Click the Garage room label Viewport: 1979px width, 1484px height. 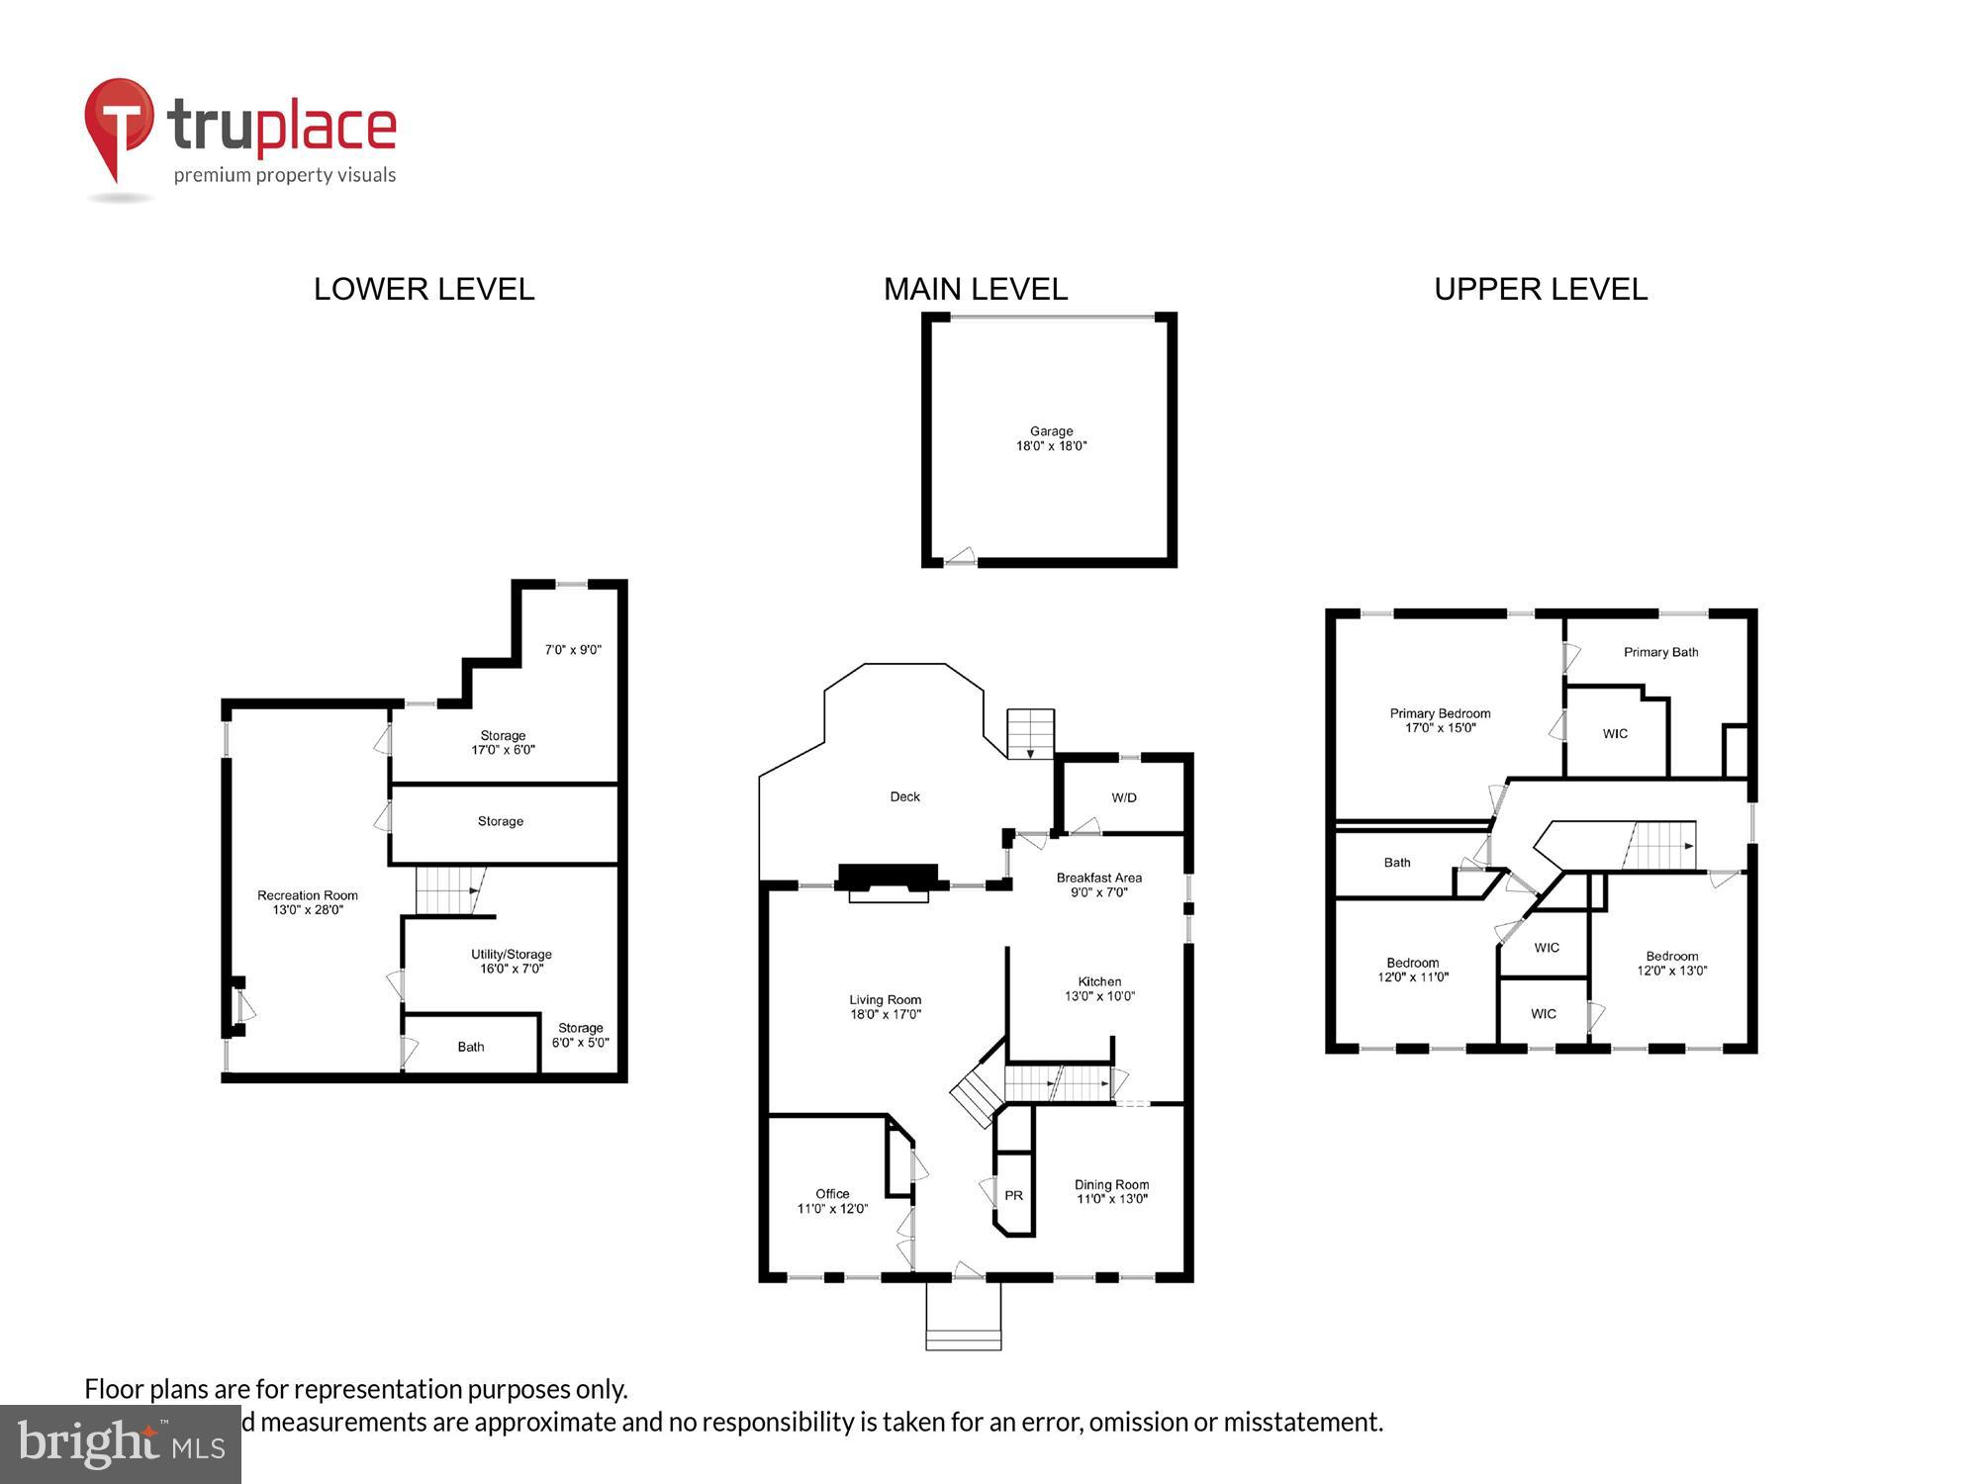click(x=1051, y=431)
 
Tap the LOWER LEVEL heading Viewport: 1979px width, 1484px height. click(x=424, y=289)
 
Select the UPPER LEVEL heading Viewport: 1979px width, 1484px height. click(x=1541, y=289)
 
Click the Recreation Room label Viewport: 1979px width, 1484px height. click(x=308, y=895)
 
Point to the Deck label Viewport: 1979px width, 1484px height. click(x=904, y=796)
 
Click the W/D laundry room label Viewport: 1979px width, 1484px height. click(x=1124, y=797)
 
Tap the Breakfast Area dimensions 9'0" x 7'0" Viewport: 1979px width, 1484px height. click(x=1098, y=892)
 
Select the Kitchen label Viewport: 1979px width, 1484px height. click(x=1099, y=981)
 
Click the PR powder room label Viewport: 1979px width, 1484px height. click(x=1013, y=1195)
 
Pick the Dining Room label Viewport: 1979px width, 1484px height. click(x=1111, y=1184)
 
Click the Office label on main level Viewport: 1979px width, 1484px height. click(x=832, y=1193)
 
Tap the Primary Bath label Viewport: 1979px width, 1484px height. click(x=1660, y=652)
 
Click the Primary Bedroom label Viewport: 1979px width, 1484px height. click(x=1440, y=713)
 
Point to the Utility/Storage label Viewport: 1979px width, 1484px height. click(x=512, y=954)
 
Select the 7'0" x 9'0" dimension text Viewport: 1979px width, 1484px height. click(x=573, y=650)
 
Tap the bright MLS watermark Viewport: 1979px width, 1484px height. click(x=121, y=1444)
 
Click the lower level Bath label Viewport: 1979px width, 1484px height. click(x=471, y=1047)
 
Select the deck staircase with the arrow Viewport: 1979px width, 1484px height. click(x=1031, y=734)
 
